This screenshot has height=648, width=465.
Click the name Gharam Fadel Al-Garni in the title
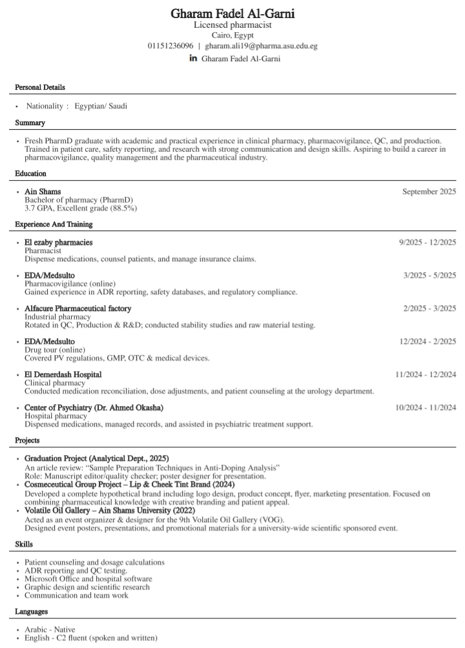(x=232, y=14)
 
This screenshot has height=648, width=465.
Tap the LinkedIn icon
(x=193, y=58)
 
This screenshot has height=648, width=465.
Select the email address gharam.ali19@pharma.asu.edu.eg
(x=261, y=46)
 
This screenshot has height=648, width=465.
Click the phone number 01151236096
(x=170, y=46)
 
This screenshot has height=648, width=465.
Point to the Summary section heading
(x=30, y=123)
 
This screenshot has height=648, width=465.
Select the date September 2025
(x=429, y=192)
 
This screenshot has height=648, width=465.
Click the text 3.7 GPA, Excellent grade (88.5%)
(x=81, y=208)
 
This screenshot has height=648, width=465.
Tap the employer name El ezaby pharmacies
(x=59, y=242)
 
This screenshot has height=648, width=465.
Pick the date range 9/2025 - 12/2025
(x=428, y=242)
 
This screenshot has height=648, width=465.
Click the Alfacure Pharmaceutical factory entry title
(x=78, y=309)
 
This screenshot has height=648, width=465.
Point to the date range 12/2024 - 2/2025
(x=428, y=341)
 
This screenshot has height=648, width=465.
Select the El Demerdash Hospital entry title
(x=63, y=374)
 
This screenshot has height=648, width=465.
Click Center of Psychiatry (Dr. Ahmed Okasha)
(x=94, y=408)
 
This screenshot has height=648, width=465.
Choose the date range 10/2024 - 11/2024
(x=426, y=408)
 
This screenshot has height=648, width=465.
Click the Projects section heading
(x=28, y=440)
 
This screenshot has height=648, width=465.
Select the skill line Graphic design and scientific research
(x=87, y=587)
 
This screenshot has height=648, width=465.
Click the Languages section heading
(x=32, y=611)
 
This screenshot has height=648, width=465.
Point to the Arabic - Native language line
(x=50, y=629)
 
